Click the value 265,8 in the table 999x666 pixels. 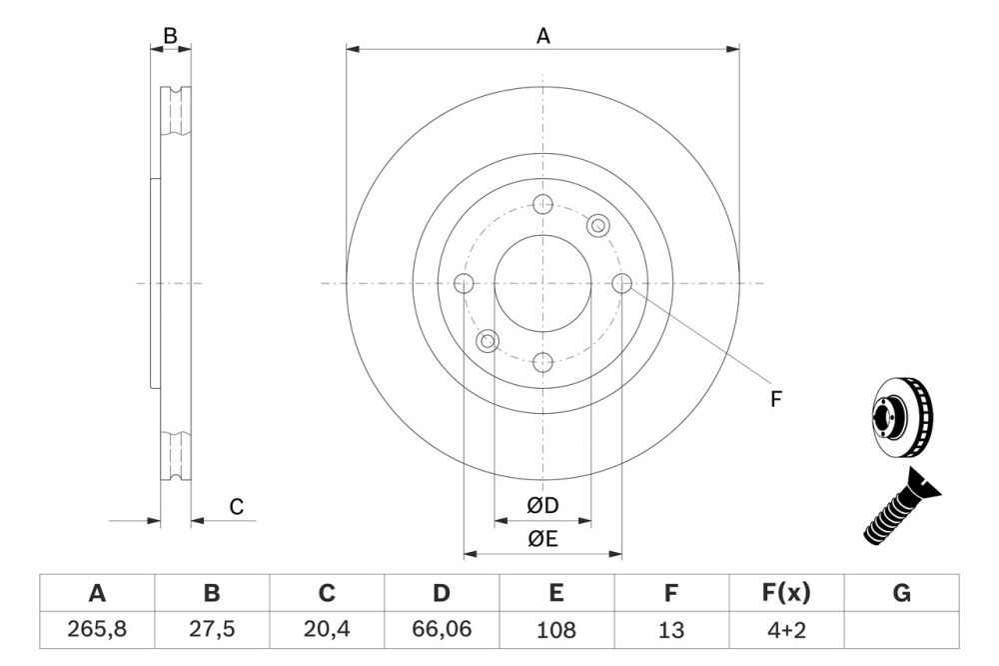(97, 630)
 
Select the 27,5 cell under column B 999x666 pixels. (212, 630)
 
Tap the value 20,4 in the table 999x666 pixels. (327, 630)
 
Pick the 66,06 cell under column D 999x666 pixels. (442, 630)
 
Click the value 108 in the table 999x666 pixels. (556, 630)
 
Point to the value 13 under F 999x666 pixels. (671, 630)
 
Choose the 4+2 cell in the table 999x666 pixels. (786, 630)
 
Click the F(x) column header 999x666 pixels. (786, 593)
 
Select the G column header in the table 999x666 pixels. (901, 593)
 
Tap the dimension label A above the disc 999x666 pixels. (543, 36)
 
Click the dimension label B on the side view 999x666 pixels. (170, 36)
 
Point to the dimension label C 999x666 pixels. (237, 507)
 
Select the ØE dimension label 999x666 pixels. (543, 540)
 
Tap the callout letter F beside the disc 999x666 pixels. (775, 399)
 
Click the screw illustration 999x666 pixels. (900, 511)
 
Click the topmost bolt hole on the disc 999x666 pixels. (543, 204)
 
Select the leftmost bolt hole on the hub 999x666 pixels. (464, 283)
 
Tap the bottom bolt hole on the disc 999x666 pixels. (543, 362)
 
